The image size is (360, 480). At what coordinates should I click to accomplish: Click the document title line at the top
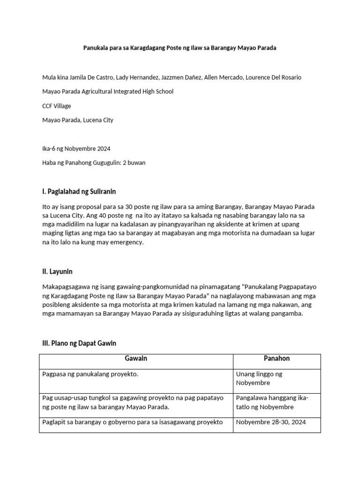coord(180,48)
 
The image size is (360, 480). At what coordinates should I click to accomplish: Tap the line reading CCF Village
coord(57,106)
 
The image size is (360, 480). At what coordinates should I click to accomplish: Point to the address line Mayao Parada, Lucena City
coord(78,120)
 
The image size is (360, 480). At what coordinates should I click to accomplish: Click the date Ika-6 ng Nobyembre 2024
coord(76,149)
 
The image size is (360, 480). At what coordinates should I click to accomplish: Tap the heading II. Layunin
coord(57,271)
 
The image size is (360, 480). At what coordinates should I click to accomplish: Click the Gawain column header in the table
coord(136,359)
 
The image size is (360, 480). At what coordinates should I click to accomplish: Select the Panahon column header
coord(277,359)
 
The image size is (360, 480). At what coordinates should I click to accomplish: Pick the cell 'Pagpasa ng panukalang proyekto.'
coord(90,375)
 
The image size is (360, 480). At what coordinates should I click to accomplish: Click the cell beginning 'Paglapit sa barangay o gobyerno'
coord(132,422)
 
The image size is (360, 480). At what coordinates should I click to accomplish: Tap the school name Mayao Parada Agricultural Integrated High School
coord(108,91)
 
